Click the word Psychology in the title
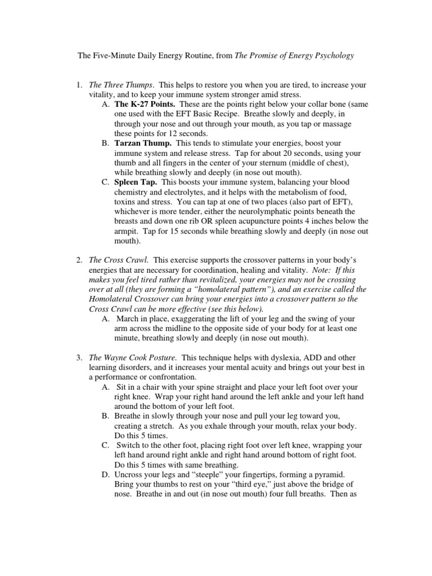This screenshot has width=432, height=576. pyautogui.click(x=334, y=56)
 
